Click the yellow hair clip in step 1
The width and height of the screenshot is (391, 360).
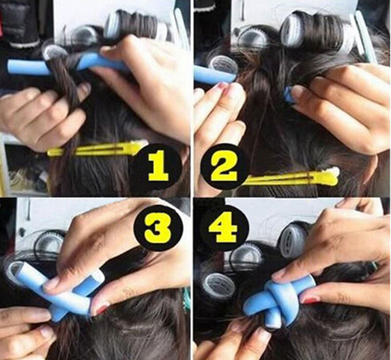[98, 150]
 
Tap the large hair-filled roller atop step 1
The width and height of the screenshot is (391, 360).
[134, 25]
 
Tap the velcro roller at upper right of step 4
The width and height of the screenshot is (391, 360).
[297, 238]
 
